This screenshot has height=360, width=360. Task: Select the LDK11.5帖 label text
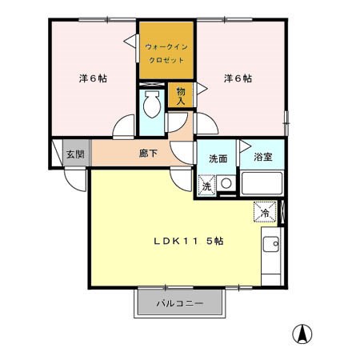(x=189, y=241)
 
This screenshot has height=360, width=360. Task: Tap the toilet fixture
(x=151, y=104)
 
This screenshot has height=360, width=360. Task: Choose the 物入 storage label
(x=181, y=96)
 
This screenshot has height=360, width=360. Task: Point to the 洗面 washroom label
(x=218, y=158)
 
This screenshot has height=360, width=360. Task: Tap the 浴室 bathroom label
(x=262, y=158)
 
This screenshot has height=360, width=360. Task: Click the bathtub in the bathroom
(x=261, y=186)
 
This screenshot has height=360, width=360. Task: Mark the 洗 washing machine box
(x=206, y=186)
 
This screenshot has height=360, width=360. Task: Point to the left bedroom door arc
(x=125, y=127)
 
